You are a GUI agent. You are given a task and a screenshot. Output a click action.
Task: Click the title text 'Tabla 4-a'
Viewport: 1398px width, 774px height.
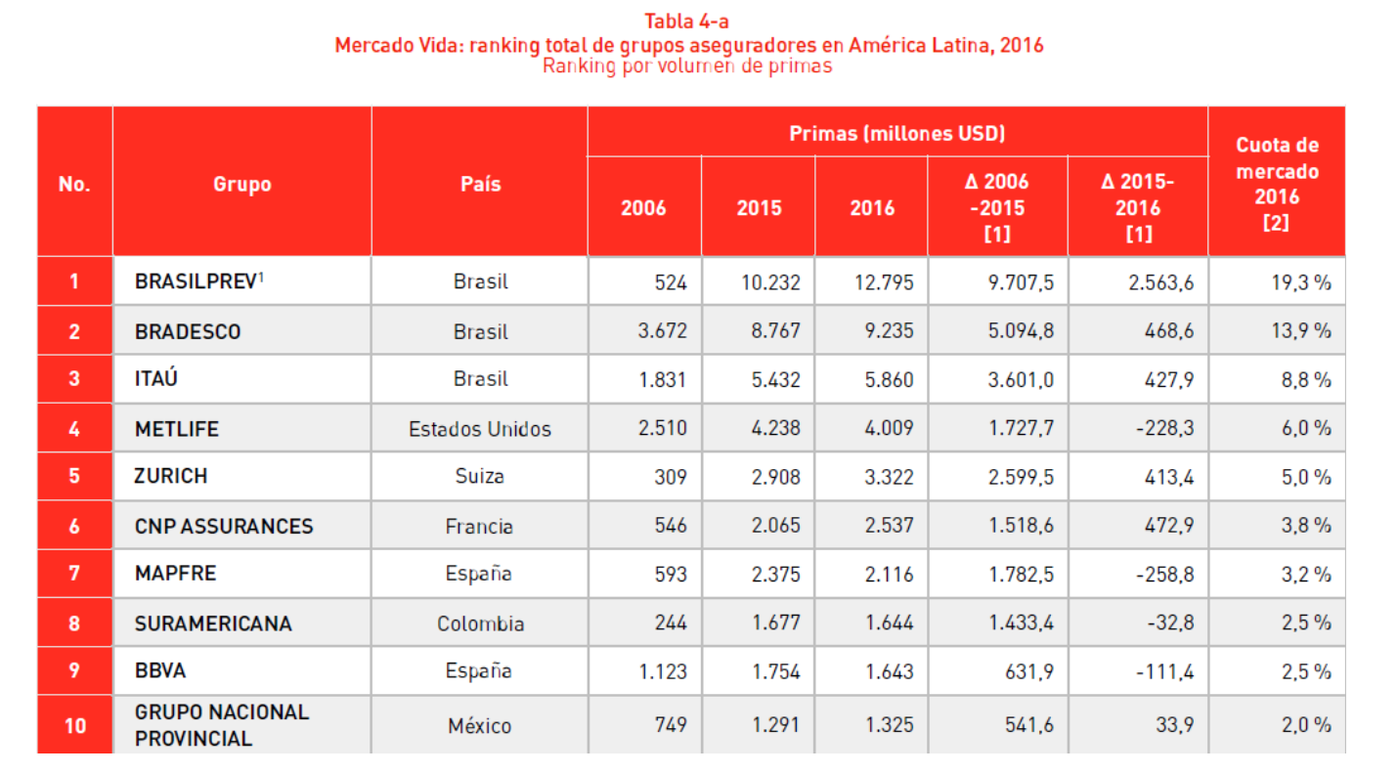[688, 21]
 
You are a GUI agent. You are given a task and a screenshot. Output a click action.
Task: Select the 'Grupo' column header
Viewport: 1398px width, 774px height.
[241, 184]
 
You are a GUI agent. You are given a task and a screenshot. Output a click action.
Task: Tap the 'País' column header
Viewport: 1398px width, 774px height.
[480, 184]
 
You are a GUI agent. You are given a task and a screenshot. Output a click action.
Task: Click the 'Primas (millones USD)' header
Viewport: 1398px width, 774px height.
[896, 133]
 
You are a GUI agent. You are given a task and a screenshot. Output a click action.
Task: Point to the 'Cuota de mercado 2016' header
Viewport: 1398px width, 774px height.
[1276, 184]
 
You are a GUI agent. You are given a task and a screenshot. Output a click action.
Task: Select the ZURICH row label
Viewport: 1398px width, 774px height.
[171, 477]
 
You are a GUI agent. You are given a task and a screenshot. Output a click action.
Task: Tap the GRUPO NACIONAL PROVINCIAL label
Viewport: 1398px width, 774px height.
[222, 725]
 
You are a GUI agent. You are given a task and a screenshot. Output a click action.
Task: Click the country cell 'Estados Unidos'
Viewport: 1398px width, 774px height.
[480, 429]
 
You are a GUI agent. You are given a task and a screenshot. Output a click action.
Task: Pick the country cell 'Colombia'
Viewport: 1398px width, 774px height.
[480, 623]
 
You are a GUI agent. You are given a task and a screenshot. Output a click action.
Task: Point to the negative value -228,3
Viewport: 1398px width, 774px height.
[1163, 429]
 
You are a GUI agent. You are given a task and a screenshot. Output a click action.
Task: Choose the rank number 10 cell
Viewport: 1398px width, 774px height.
[74, 725]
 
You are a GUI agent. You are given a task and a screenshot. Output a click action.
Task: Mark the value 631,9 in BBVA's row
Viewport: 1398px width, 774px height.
[1030, 672]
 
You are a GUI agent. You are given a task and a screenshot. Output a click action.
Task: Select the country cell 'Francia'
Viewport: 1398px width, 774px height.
[480, 527]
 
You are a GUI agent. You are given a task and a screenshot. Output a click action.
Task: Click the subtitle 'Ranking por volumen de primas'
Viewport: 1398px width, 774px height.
[687, 66]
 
